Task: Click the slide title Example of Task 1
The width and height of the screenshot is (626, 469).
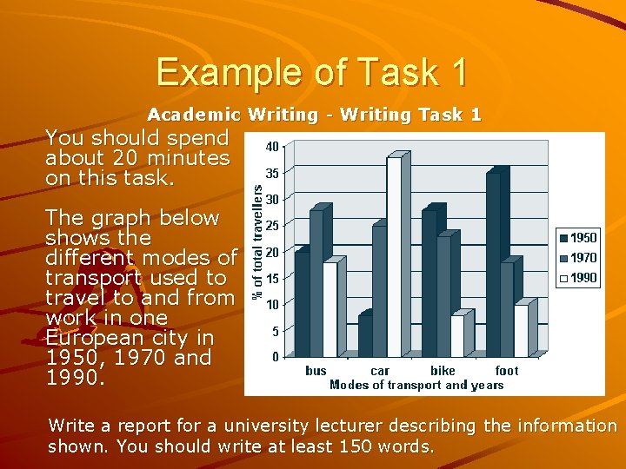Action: [312, 71]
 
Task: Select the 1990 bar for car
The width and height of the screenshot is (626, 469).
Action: [394, 257]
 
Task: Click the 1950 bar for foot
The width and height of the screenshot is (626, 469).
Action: [493, 265]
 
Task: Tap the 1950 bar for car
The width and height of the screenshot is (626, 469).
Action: [364, 335]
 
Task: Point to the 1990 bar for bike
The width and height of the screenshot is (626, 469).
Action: [456, 336]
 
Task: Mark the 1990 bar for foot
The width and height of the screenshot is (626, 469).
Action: [521, 331]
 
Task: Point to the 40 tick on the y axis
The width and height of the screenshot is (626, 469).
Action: [272, 147]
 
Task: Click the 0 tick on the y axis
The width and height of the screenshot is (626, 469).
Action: [275, 357]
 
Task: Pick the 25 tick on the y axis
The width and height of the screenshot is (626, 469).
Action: [272, 226]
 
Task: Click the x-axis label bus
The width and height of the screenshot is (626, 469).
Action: [316, 371]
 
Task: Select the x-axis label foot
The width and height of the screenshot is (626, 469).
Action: [507, 371]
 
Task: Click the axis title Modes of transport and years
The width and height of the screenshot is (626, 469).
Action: [416, 385]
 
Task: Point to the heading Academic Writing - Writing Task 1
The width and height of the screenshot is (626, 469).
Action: [314, 115]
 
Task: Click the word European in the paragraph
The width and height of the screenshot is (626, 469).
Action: [90, 338]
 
